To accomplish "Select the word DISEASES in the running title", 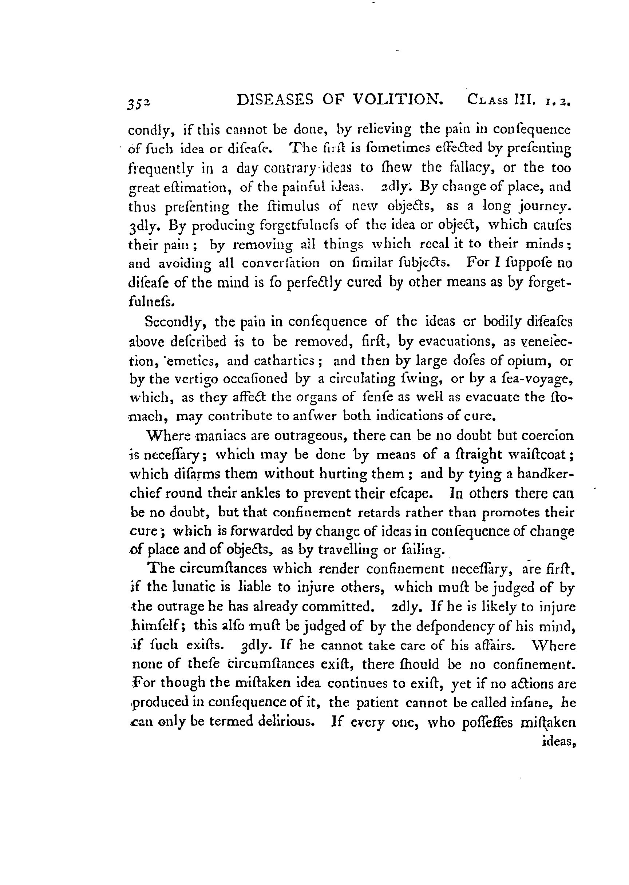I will [274, 100].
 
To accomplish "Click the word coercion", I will [547, 436].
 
